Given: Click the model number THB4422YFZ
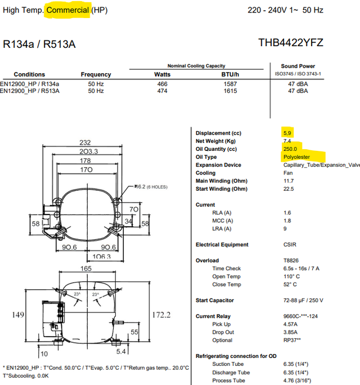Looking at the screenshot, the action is [x=291, y=42].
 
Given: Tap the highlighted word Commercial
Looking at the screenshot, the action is [x=67, y=10].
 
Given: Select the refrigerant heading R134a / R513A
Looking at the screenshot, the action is [x=39, y=44].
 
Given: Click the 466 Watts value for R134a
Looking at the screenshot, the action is [x=162, y=84].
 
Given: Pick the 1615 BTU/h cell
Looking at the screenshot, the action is [x=230, y=91].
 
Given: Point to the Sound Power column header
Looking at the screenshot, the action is [x=298, y=66].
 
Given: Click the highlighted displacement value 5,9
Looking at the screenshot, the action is [x=287, y=133].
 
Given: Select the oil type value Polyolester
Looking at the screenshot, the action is [x=296, y=157].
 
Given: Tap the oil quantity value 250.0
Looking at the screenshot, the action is [x=290, y=149].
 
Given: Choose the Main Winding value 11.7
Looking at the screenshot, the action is [x=289, y=181].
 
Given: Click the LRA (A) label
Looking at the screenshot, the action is [x=222, y=229].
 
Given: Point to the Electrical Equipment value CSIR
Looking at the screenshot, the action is [x=290, y=244].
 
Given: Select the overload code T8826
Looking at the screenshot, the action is [x=291, y=261].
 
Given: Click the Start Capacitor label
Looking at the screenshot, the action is [x=215, y=301].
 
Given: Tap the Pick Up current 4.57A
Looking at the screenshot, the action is [x=290, y=324].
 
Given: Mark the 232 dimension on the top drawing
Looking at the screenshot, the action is [x=85, y=142].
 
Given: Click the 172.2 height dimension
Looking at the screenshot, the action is [x=161, y=315].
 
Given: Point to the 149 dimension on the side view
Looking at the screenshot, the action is [x=18, y=315].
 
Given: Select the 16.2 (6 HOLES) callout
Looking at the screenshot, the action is [x=151, y=187].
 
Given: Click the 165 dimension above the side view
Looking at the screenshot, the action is [x=86, y=268].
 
